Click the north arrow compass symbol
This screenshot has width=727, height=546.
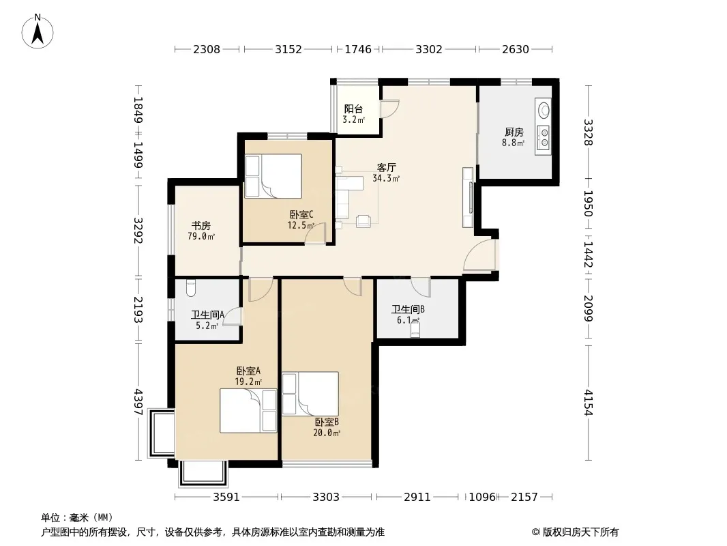point(38,31)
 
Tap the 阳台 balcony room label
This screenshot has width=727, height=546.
point(353,109)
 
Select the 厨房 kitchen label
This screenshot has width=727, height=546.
point(514,132)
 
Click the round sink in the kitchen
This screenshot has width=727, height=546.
point(544,111)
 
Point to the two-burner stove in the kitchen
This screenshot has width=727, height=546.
point(543,138)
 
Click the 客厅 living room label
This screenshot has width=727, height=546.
point(386,167)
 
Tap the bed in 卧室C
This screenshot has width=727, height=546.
point(273,176)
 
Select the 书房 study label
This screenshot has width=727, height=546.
point(201,225)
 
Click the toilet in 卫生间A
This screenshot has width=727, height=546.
point(190,287)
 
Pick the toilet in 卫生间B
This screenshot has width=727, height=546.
point(415,329)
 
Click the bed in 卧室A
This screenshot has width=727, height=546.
point(248,411)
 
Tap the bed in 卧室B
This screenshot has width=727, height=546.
point(310,393)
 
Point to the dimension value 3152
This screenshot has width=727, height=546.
point(288,49)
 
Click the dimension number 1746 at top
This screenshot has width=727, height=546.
point(358,49)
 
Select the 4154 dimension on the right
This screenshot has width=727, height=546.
point(589,402)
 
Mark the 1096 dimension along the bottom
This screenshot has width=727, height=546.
point(482,497)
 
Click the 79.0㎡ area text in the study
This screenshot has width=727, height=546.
point(201,237)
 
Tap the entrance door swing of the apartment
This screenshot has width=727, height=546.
point(479,254)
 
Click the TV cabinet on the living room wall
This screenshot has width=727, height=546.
point(468,198)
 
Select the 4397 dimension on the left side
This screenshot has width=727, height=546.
point(138,402)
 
